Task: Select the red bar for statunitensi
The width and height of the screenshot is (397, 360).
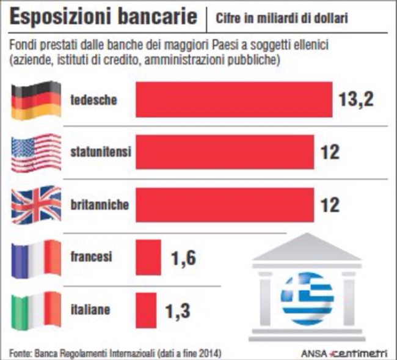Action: click(x=224, y=152)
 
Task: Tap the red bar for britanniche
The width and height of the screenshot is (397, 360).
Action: click(x=224, y=204)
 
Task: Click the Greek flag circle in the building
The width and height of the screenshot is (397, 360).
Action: click(x=307, y=298)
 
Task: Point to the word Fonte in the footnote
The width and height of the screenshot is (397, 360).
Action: click(x=20, y=353)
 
